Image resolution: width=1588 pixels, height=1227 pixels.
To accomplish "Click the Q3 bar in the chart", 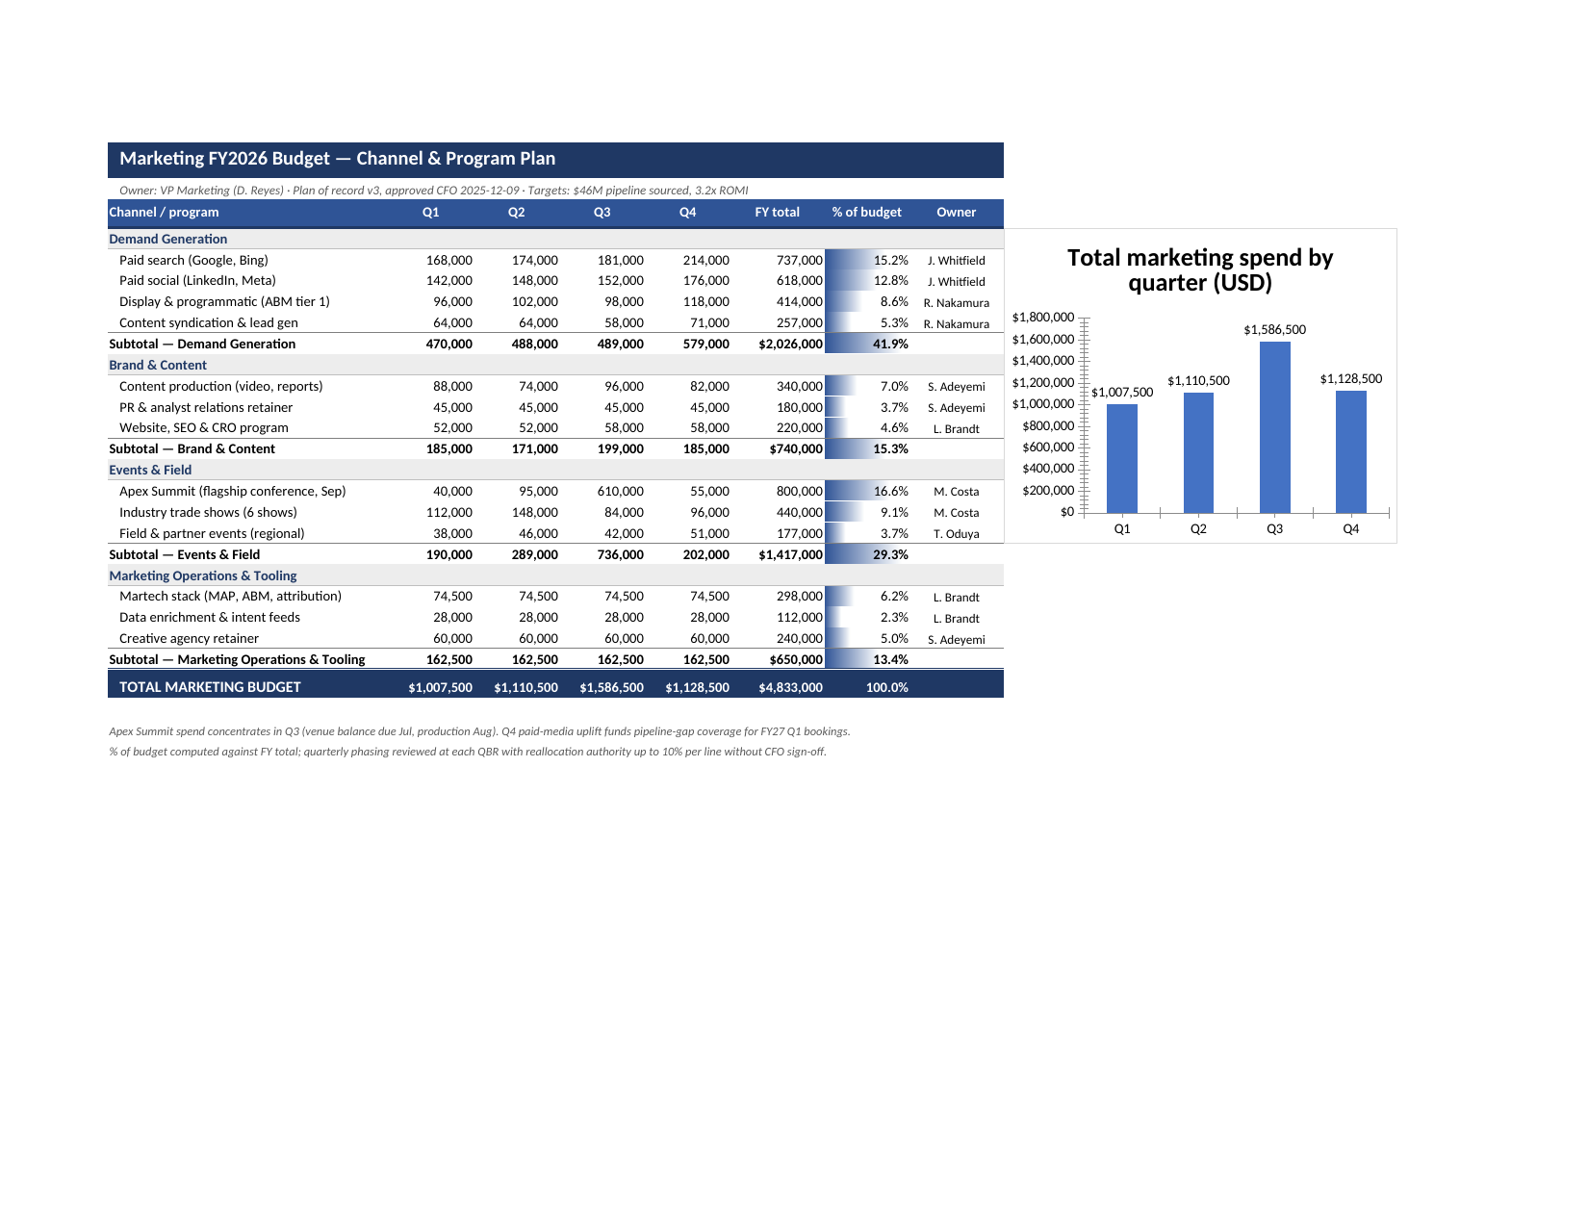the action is (x=1274, y=427).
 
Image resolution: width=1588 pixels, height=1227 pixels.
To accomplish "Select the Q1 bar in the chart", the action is (x=1122, y=459).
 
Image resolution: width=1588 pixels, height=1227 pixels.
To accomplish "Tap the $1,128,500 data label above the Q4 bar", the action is (x=1350, y=378).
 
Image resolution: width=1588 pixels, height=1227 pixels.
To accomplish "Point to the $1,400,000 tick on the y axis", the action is (x=1043, y=360).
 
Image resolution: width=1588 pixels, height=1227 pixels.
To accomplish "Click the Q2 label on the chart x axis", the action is (x=1198, y=528).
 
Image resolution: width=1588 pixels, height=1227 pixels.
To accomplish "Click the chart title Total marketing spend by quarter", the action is (x=1200, y=269).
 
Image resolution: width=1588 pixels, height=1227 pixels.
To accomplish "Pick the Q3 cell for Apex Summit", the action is (x=620, y=491).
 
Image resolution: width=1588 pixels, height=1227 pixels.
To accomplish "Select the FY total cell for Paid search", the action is (x=800, y=260).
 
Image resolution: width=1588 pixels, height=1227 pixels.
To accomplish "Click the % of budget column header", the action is (x=866, y=212).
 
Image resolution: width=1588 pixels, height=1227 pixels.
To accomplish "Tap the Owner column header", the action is (x=956, y=212).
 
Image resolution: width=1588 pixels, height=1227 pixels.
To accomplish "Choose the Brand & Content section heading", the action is (x=158, y=365).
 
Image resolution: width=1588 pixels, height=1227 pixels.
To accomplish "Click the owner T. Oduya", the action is (x=956, y=533).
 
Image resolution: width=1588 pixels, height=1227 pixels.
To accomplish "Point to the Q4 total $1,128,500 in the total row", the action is (x=697, y=687).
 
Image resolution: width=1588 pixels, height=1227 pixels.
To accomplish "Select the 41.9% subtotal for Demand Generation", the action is (x=890, y=344).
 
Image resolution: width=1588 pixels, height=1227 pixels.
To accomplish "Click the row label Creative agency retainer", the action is (x=189, y=638).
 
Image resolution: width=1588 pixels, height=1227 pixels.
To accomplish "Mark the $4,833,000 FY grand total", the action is (x=790, y=687).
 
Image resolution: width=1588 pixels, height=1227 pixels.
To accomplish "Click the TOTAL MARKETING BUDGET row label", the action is (x=210, y=687).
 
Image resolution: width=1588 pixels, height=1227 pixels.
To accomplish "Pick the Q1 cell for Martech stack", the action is (x=452, y=597).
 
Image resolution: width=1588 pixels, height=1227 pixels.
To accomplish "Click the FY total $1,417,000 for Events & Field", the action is (x=790, y=554).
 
